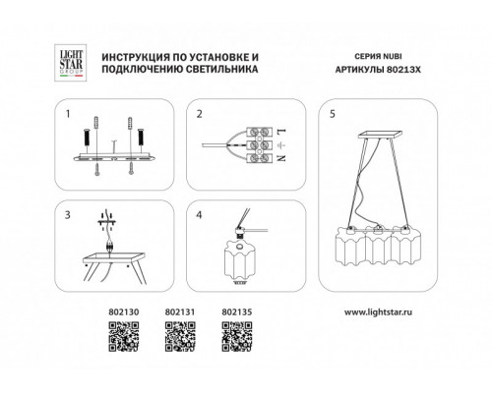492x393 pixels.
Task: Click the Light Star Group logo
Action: (70, 63)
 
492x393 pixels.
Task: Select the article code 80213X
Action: (403, 70)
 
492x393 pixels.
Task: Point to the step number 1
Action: (68, 114)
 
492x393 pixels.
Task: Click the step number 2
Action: (200, 114)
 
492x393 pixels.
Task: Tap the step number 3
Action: (68, 215)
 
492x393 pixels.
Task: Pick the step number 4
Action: (199, 215)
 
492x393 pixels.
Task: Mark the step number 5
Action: (333, 114)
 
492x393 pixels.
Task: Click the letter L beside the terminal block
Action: (281, 132)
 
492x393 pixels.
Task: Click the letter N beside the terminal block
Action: (281, 157)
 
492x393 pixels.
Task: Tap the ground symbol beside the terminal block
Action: (282, 144)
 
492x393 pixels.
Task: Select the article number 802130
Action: (124, 311)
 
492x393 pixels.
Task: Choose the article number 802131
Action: (180, 311)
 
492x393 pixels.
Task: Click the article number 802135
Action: (237, 311)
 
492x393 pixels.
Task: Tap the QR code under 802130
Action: (124, 337)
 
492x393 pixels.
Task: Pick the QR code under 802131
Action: (180, 337)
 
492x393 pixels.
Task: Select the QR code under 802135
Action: (237, 337)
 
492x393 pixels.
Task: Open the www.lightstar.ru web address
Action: (378, 312)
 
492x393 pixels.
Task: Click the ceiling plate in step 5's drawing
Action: (381, 135)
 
